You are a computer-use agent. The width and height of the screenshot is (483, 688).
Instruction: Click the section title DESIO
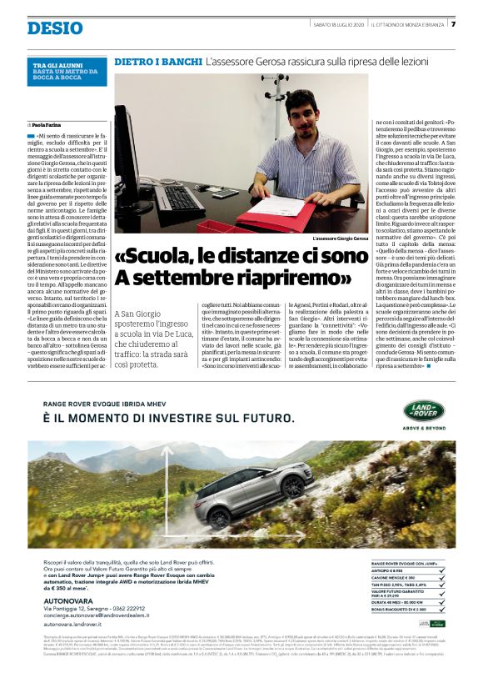click(55, 28)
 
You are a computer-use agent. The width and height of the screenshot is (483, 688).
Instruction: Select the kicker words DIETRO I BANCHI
click(157, 62)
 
